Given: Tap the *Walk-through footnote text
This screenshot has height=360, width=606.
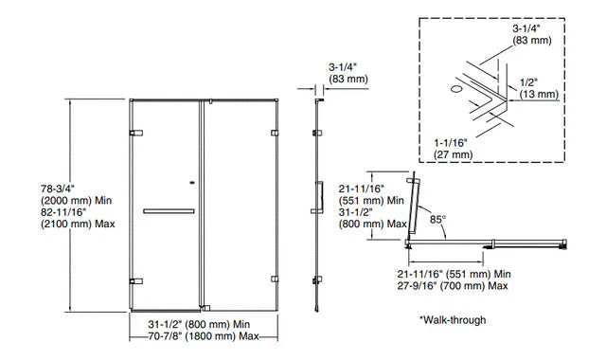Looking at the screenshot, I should tap(453, 319).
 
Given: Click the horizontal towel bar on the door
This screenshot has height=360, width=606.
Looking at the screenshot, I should tap(169, 210).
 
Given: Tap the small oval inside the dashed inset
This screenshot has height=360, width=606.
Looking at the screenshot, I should tap(456, 88).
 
